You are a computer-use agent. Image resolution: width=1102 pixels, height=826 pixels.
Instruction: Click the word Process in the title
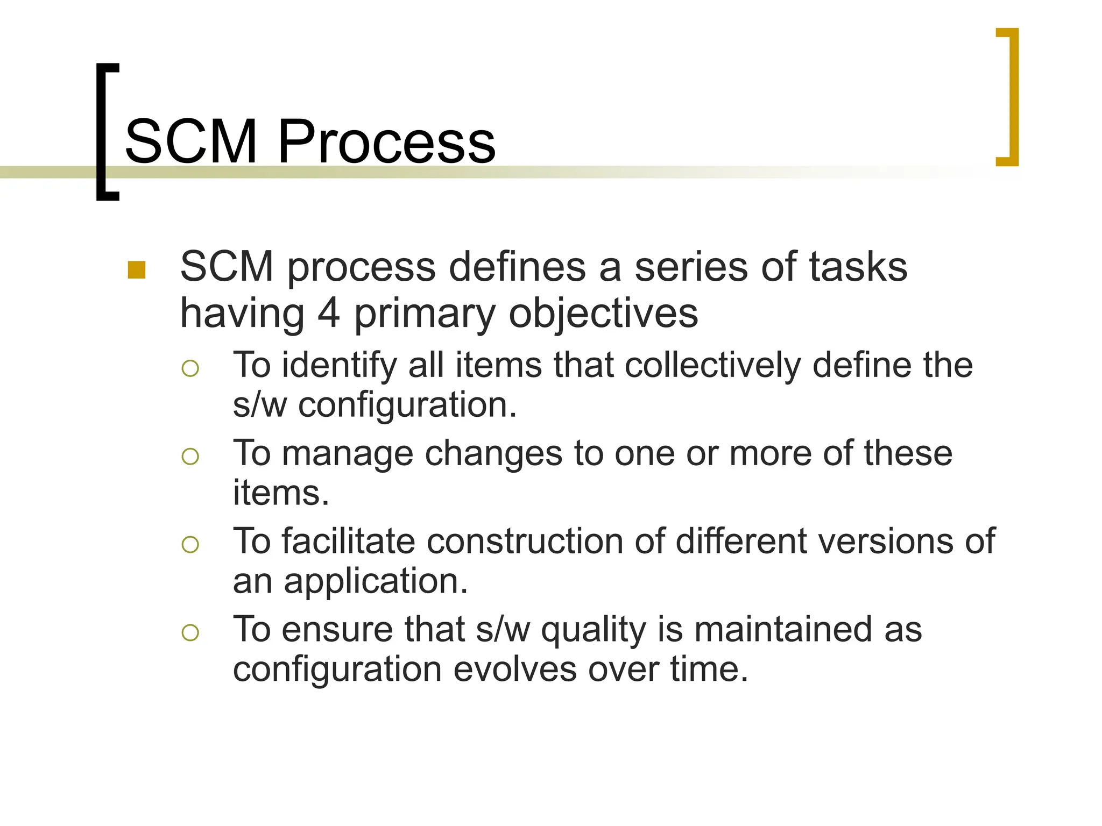386,142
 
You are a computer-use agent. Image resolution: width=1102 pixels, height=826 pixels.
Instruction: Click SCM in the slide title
191,142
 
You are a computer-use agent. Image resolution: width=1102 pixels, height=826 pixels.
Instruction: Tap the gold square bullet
137,270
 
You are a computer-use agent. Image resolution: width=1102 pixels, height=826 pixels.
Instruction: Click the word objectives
603,314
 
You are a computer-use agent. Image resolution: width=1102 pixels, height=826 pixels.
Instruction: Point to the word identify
339,366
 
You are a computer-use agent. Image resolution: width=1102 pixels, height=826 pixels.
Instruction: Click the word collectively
712,366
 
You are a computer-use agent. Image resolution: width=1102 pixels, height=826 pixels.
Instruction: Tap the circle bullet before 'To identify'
190,368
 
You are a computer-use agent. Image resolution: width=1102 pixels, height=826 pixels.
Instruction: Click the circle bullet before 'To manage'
190,457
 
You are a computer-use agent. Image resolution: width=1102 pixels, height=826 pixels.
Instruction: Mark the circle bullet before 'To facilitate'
190,545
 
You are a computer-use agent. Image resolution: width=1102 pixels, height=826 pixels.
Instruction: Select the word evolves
515,670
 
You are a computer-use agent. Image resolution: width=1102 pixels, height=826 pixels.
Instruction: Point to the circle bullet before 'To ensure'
190,632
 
